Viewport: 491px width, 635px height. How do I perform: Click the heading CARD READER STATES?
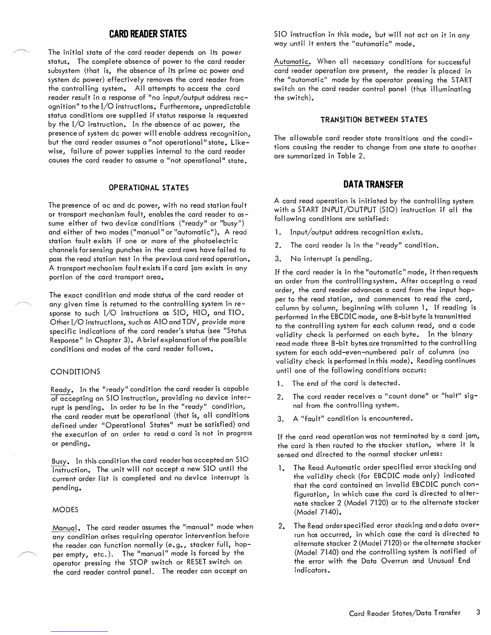(148, 34)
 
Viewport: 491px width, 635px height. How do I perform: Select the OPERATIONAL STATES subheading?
(149, 188)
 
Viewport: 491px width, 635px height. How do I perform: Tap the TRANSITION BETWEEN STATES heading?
(374, 119)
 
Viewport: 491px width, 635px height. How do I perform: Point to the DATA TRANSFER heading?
(373, 184)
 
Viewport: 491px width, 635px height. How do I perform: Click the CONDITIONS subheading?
(75, 372)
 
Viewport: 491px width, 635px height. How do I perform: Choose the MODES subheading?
(65, 510)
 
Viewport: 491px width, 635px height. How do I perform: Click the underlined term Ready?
(61, 390)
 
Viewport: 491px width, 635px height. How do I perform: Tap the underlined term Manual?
(64, 527)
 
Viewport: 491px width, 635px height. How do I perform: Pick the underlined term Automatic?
(293, 62)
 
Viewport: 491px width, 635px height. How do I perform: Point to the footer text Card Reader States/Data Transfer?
(404, 613)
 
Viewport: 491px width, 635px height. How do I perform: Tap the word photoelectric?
(215, 241)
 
